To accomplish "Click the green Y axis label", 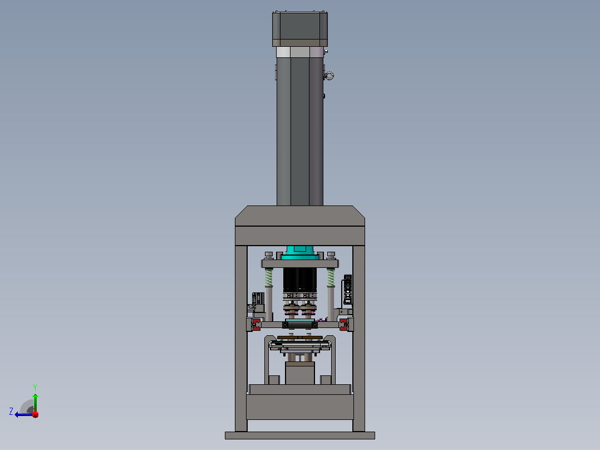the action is tap(35, 387).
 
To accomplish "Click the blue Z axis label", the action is tap(11, 412).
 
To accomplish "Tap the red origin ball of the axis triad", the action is tap(35, 414).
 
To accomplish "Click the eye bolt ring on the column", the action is tap(329, 76).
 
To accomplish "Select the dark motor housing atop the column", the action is tap(300, 29).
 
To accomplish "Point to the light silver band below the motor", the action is tap(300, 52).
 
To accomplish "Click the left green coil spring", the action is tap(269, 277).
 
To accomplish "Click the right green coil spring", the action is tap(331, 277).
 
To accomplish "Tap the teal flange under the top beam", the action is tap(300, 252).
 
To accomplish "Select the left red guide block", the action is tap(256, 324).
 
